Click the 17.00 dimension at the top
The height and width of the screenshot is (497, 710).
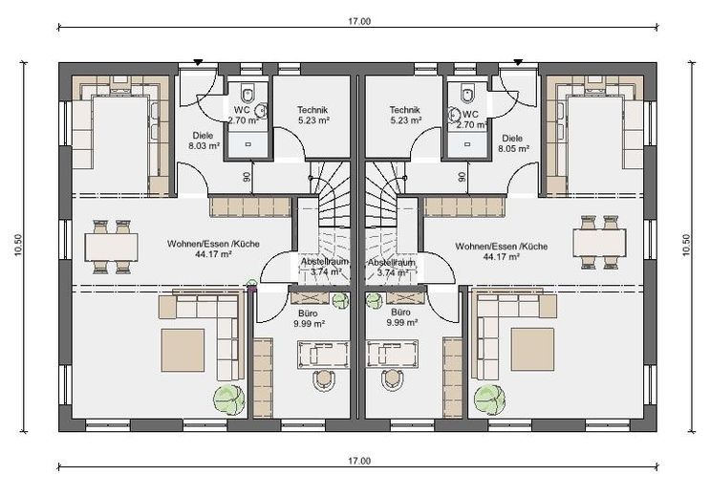click(x=359, y=21)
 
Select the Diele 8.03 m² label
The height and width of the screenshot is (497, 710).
click(x=204, y=140)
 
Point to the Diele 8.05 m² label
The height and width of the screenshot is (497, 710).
click(x=513, y=143)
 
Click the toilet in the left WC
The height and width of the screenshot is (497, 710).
click(x=247, y=94)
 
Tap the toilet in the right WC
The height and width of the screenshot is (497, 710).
click(x=467, y=94)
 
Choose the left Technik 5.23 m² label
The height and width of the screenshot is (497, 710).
click(x=312, y=115)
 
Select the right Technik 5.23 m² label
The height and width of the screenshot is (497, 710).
click(x=405, y=115)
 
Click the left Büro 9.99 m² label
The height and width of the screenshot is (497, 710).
click(x=309, y=318)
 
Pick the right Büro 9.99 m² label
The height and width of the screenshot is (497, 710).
click(x=401, y=317)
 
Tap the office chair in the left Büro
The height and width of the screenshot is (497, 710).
click(x=324, y=380)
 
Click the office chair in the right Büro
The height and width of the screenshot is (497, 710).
click(x=393, y=380)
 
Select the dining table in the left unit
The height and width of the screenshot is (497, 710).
click(x=112, y=247)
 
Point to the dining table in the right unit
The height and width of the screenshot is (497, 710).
click(x=599, y=244)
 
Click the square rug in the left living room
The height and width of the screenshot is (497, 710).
click(x=183, y=350)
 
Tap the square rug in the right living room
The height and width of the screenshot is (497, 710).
click(x=532, y=349)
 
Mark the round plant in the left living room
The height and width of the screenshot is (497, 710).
click(x=228, y=399)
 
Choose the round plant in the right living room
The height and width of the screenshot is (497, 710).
click(x=490, y=400)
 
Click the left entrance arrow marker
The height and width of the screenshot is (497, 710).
click(x=198, y=62)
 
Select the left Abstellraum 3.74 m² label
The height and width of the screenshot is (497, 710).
click(x=325, y=267)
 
